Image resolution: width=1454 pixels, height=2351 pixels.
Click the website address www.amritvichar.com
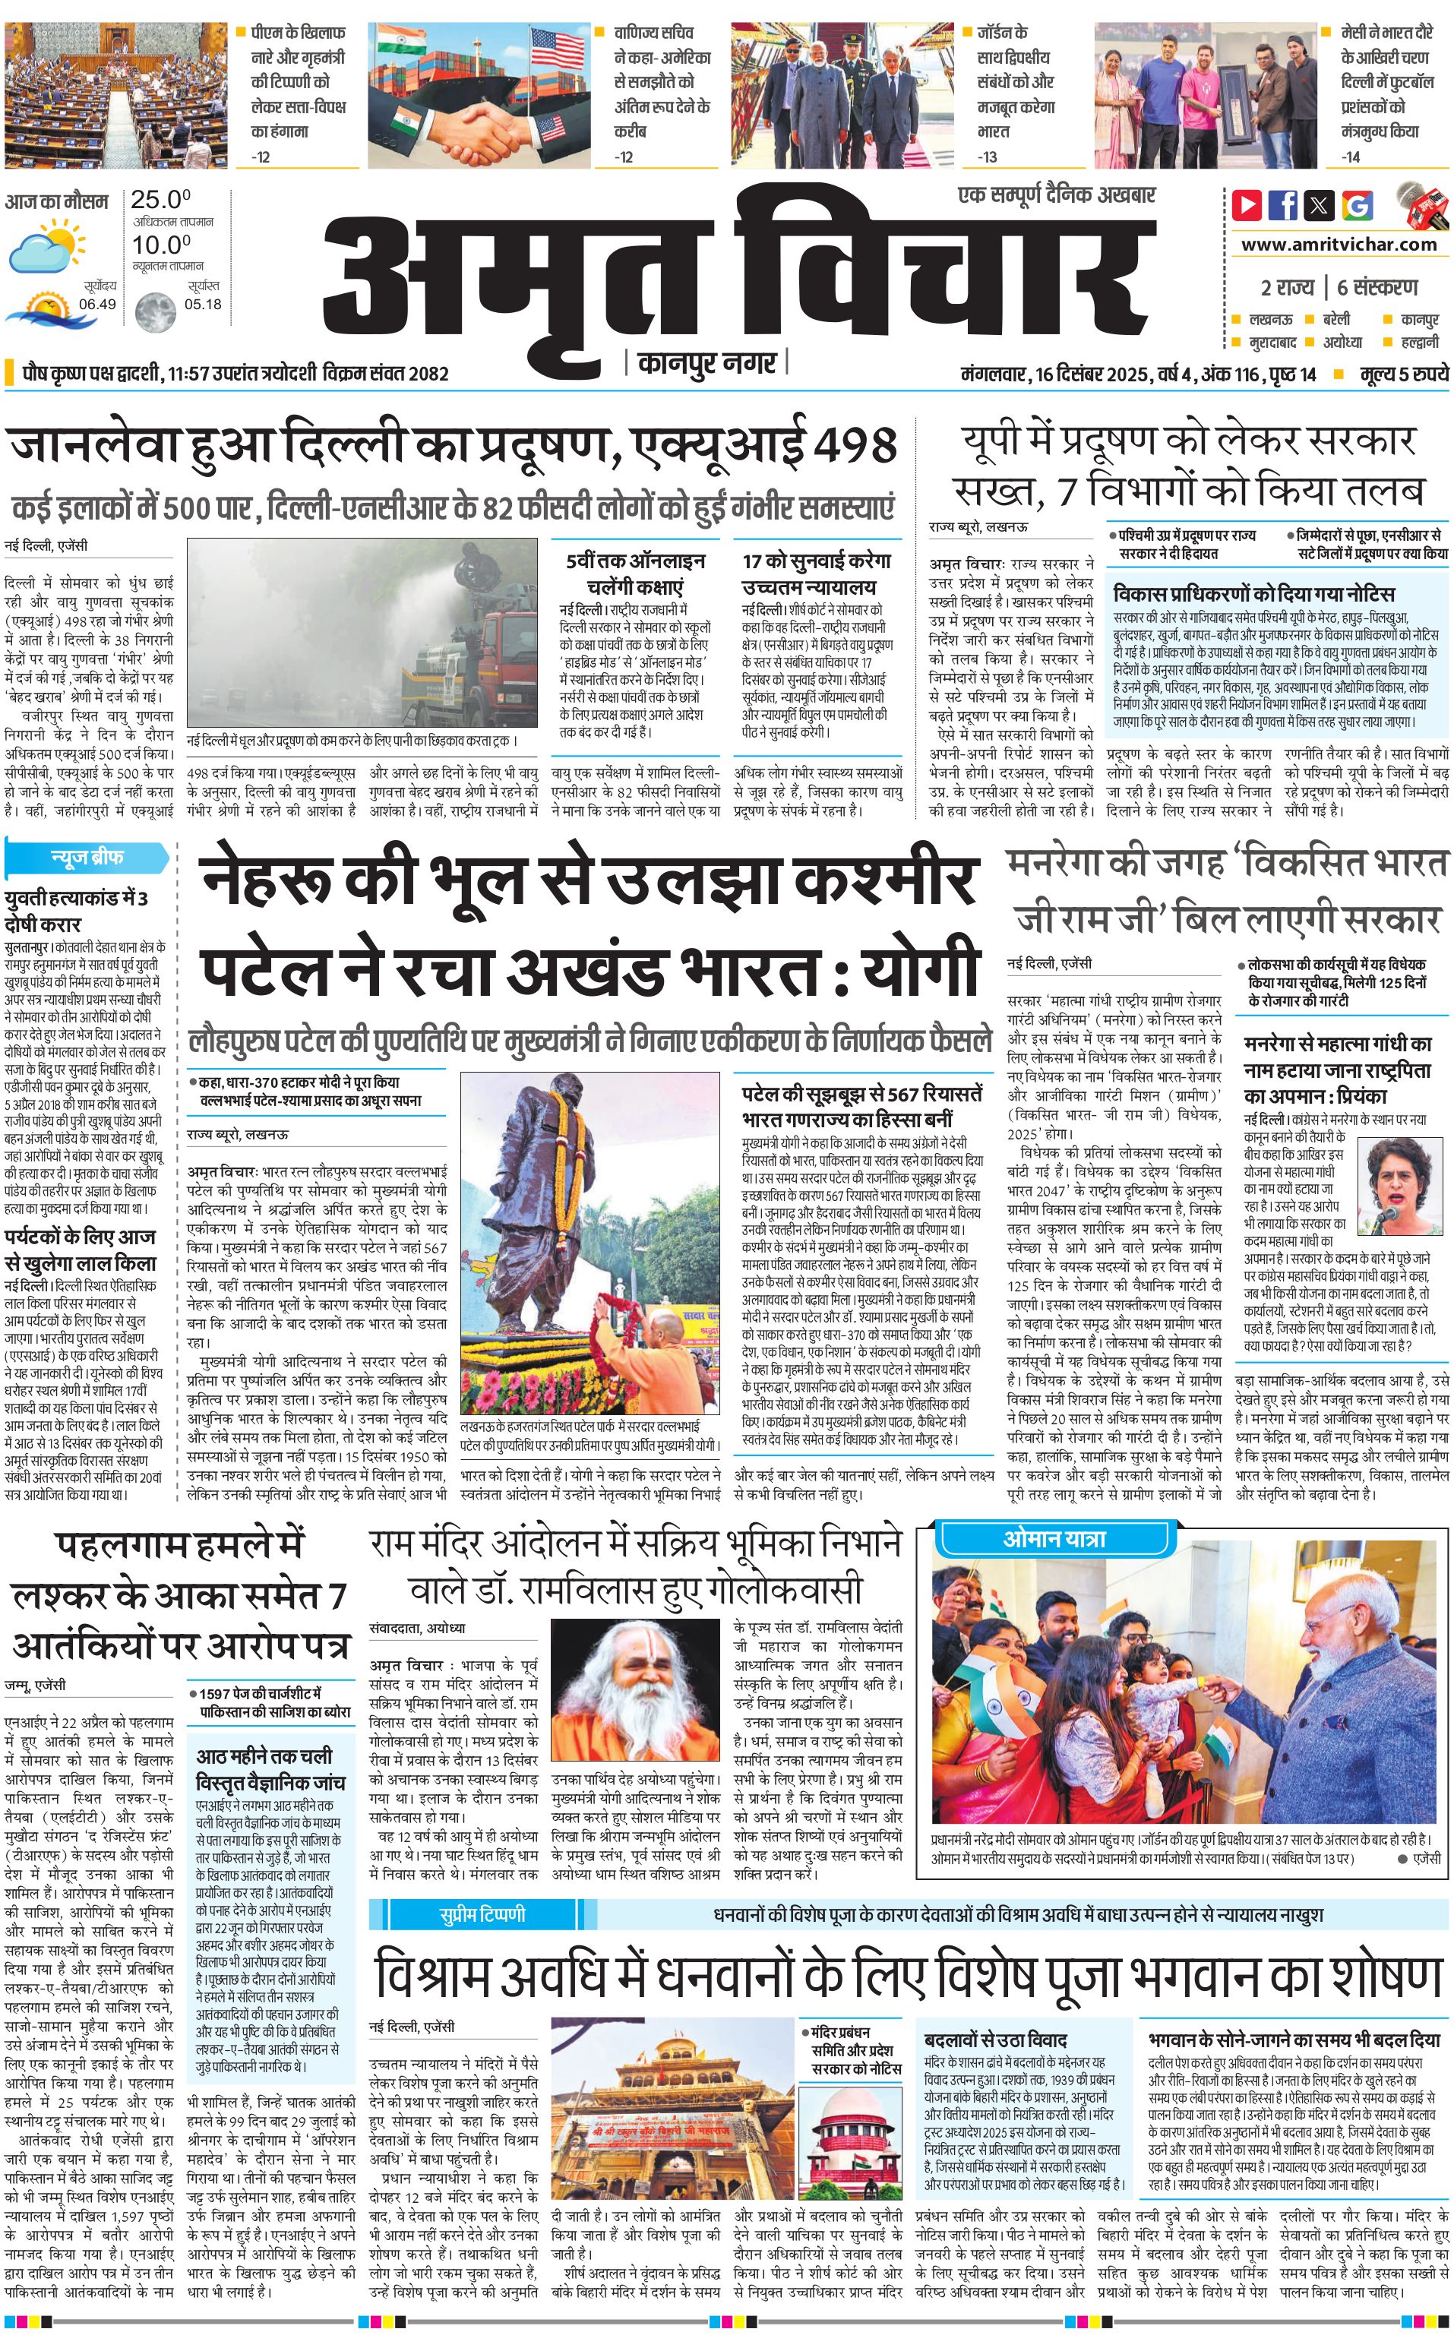pos(1339,245)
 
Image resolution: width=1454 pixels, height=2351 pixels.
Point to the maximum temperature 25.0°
pos(160,200)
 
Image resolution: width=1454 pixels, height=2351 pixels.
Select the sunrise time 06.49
pos(97,304)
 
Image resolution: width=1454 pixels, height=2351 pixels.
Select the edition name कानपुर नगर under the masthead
pos(706,363)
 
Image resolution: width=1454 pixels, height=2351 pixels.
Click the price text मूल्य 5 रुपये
pos(1404,374)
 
